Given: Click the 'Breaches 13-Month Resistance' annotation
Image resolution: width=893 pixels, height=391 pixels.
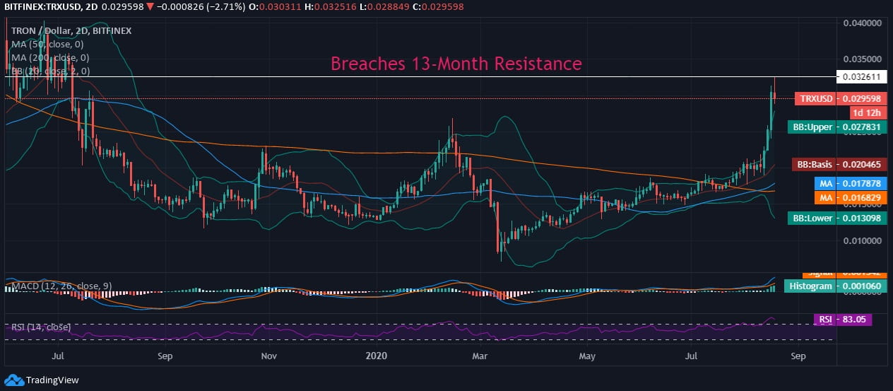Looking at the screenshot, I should tap(456, 64).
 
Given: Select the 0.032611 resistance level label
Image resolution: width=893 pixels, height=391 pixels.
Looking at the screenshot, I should tap(858, 76).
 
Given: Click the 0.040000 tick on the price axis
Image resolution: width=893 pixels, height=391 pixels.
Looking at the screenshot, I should tap(863, 23).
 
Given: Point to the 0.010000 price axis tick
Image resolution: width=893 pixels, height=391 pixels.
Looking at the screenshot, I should tap(863, 240).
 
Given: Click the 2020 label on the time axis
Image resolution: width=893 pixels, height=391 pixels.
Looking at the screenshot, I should tap(374, 358).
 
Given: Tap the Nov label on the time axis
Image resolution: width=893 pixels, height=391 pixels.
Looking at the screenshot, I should tap(268, 358).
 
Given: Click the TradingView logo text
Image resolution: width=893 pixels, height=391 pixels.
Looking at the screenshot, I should tap(52, 380).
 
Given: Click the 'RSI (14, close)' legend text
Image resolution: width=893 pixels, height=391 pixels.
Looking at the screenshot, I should tap(41, 327).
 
